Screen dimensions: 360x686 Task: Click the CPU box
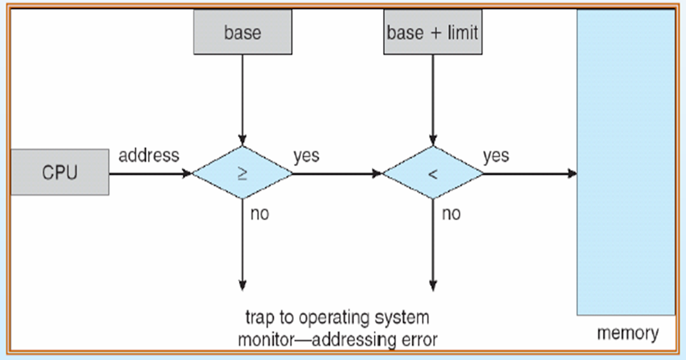[x=59, y=172]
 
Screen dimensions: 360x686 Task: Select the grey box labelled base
[x=242, y=33]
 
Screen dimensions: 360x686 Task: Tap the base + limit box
[x=432, y=33]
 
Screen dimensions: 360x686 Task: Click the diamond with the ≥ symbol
[x=242, y=173]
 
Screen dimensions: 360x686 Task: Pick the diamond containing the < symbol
[x=432, y=173]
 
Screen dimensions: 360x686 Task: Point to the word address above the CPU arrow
[x=149, y=155]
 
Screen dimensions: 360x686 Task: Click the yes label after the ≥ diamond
[x=306, y=155]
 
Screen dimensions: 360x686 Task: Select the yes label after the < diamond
[x=496, y=155]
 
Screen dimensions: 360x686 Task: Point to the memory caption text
[x=627, y=333]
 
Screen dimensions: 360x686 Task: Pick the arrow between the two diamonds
[x=337, y=173]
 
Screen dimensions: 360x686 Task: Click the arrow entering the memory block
[x=529, y=173]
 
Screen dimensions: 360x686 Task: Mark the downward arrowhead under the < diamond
[x=433, y=285]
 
